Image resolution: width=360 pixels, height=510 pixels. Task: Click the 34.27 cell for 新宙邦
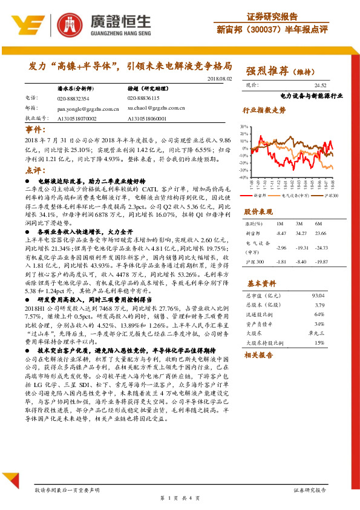pos(298,233)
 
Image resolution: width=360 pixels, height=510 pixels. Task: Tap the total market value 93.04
pos(319,296)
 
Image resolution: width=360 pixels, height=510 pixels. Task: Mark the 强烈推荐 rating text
pos(266,71)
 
